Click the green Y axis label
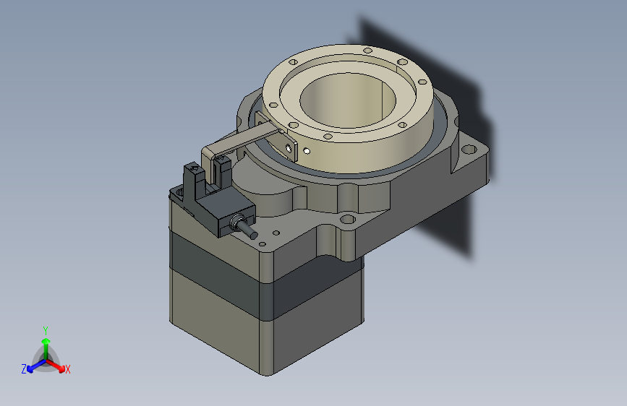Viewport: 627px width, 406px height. [x=45, y=329]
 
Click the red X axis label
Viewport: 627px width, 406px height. [x=67, y=369]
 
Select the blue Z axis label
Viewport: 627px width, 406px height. [x=24, y=369]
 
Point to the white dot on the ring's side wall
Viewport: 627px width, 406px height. [x=307, y=151]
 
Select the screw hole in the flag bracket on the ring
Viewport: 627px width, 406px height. [x=290, y=147]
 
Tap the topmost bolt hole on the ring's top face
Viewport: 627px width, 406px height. [x=367, y=51]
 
